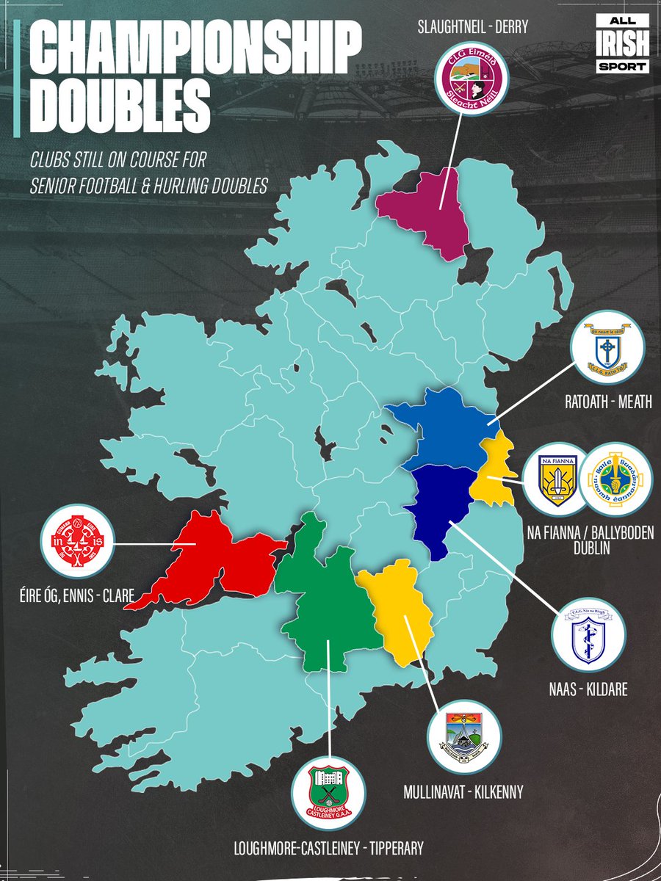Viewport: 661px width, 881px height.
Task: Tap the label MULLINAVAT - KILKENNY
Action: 463,791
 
